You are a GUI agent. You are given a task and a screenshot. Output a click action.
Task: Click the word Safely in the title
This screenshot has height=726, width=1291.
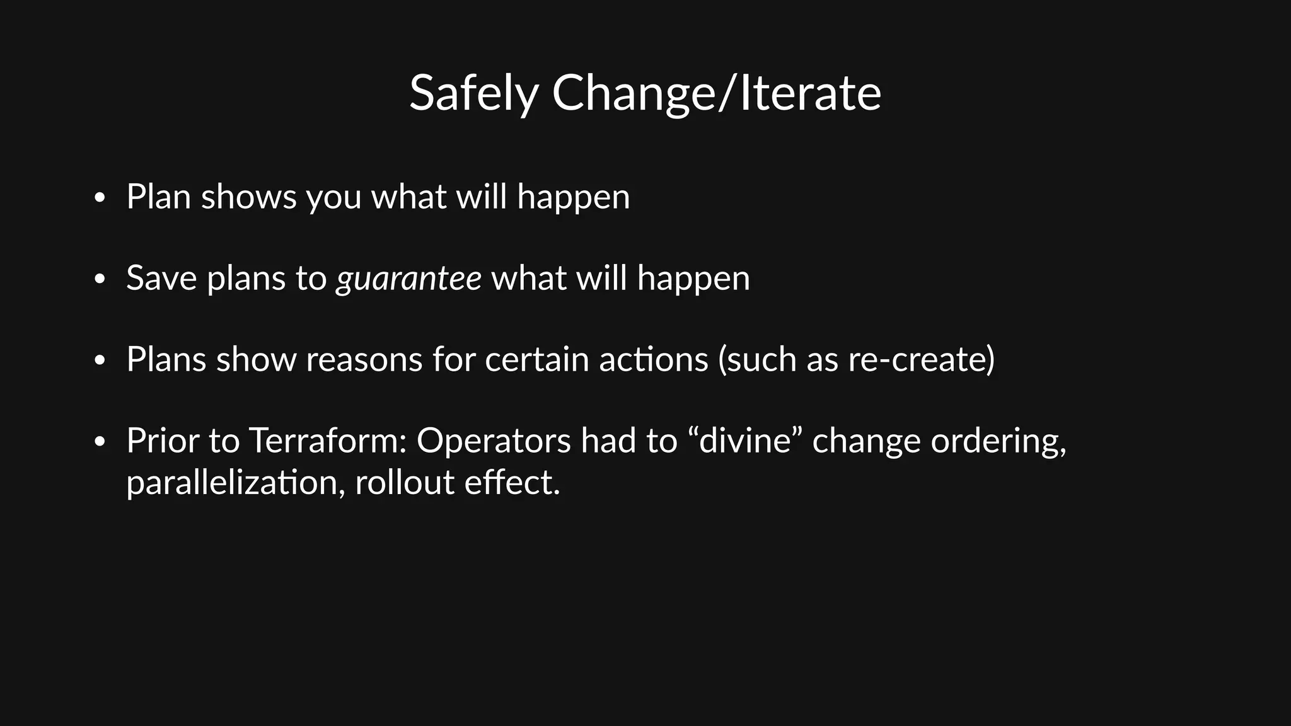coord(473,93)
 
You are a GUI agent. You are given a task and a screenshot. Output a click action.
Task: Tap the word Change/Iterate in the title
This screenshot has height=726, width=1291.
coord(716,93)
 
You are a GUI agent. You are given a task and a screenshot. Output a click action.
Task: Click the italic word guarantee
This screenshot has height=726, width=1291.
coord(408,279)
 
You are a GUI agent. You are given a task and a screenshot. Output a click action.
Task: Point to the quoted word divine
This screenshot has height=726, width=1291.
coord(744,440)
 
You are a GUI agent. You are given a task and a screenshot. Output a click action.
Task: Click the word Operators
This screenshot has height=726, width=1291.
coord(494,440)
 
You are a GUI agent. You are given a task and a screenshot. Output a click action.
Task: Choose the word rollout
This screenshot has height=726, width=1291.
coord(404,483)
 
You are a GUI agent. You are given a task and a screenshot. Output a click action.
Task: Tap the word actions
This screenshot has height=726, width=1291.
coord(653,359)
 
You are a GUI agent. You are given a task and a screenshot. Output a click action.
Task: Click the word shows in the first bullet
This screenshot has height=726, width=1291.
coord(248,197)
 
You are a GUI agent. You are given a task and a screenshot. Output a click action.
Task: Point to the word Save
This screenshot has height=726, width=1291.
coord(161,278)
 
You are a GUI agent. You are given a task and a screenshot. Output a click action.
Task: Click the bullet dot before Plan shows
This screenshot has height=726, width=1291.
coord(99,199)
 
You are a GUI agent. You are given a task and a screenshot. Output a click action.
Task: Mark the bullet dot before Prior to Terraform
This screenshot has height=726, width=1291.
coord(99,442)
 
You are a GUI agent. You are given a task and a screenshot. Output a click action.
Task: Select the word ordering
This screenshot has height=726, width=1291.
coord(998,441)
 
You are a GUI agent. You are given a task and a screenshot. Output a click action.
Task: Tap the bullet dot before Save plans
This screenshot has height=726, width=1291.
coord(99,280)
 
